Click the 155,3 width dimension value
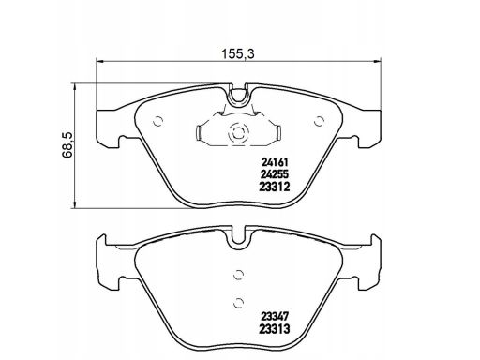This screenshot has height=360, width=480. pyautogui.click(x=238, y=54)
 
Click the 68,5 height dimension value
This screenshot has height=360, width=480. pyautogui.click(x=67, y=144)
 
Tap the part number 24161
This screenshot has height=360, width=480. pyautogui.click(x=275, y=162)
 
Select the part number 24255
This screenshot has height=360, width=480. pyautogui.click(x=275, y=174)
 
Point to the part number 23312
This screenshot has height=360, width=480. pyautogui.click(x=275, y=187)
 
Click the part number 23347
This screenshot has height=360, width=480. pyautogui.click(x=275, y=317)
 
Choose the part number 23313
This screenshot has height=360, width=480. pyautogui.click(x=275, y=329)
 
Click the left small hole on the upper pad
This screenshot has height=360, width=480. pyautogui.click(x=158, y=121)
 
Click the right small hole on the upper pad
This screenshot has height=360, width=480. pyautogui.click(x=319, y=121)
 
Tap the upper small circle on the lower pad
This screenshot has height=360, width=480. pyautogui.click(x=238, y=275)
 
